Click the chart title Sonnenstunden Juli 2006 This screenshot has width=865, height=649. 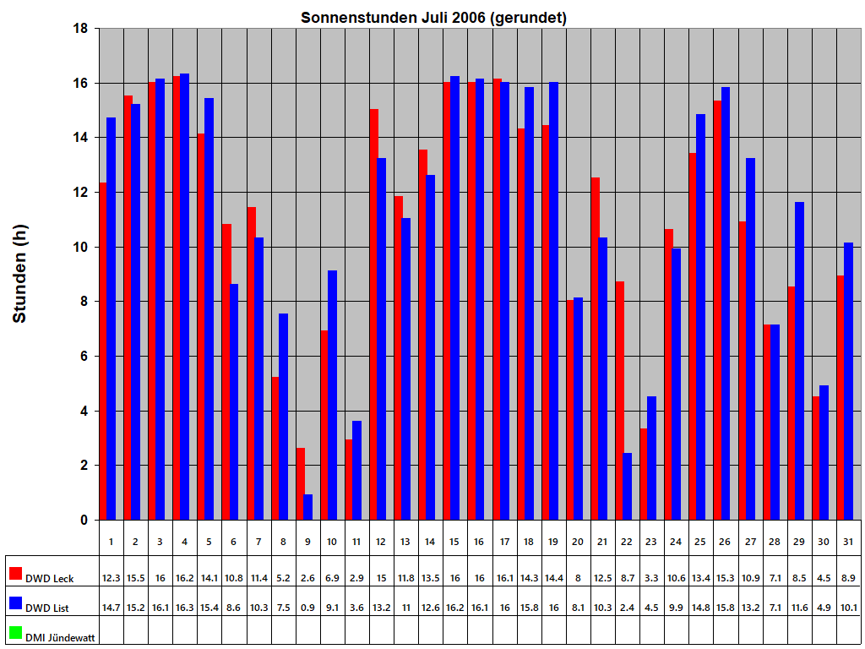pos(433,18)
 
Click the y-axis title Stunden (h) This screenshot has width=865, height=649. pos(20,274)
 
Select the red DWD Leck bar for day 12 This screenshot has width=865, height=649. pos(374,314)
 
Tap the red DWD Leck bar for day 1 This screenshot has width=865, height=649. pos(103,351)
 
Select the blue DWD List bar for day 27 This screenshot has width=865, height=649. pos(751,339)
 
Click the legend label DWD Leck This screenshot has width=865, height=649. pos(49,579)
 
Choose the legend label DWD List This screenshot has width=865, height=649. pos(47,608)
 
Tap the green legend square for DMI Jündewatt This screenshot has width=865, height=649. pos(15,633)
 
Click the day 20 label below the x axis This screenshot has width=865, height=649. pos(578,541)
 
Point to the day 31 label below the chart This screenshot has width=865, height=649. pos(848,541)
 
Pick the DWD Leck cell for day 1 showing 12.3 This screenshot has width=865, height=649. pos(112,578)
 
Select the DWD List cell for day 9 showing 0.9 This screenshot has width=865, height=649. pos(307,607)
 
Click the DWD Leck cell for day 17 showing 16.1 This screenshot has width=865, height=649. pos(504,578)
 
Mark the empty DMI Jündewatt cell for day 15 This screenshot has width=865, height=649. pos(455,632)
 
